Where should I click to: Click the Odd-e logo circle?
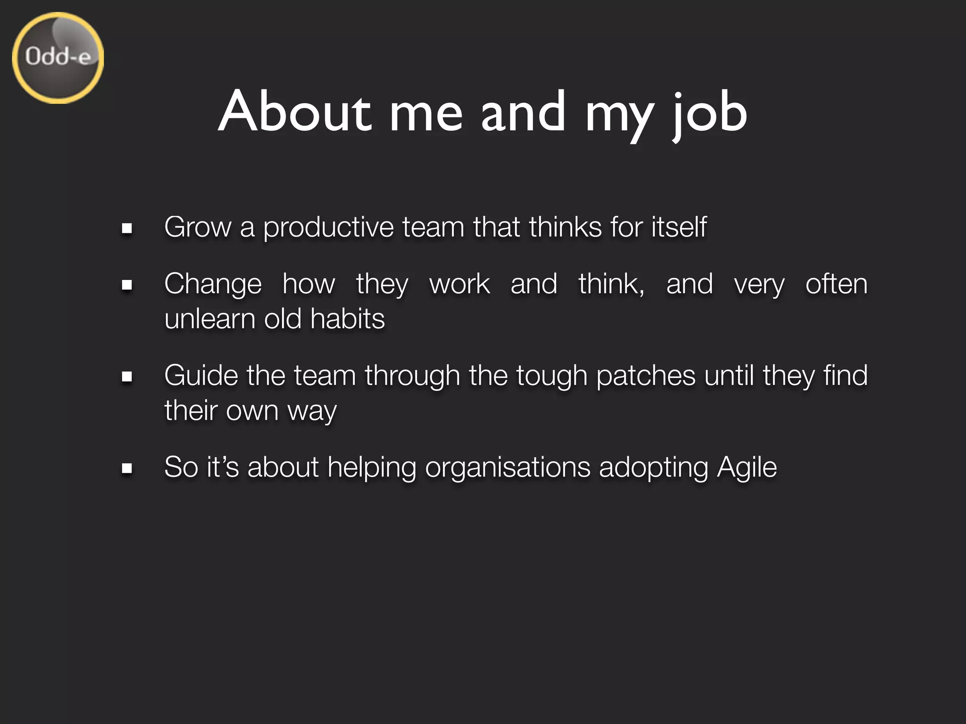(x=58, y=58)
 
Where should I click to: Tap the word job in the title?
(x=709, y=113)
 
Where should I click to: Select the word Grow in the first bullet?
(x=198, y=227)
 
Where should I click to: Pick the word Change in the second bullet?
(x=213, y=285)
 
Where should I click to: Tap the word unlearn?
(x=209, y=319)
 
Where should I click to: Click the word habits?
(x=348, y=319)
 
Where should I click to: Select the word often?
(x=836, y=284)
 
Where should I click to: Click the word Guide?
(x=201, y=376)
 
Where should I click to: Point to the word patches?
(x=646, y=376)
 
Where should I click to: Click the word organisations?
(x=508, y=468)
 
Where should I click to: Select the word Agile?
(x=747, y=468)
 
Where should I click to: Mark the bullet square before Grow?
(x=126, y=229)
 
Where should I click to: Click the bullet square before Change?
(x=126, y=285)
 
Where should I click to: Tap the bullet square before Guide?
(x=126, y=377)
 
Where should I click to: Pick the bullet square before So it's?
(x=126, y=469)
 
